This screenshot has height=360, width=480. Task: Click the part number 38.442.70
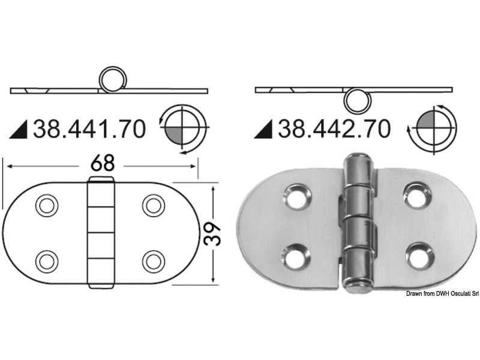(x=333, y=128)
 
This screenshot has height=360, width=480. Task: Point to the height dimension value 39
(x=213, y=234)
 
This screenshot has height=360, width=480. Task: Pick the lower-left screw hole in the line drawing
(x=45, y=260)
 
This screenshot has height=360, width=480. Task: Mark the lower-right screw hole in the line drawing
(x=154, y=260)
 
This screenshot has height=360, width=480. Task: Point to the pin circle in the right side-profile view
(x=356, y=99)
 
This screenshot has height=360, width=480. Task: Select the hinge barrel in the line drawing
(x=101, y=231)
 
